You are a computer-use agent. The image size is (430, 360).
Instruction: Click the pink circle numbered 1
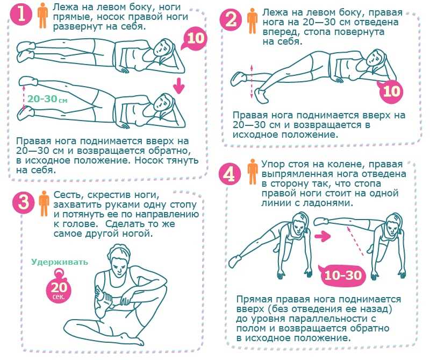(x=21, y=15)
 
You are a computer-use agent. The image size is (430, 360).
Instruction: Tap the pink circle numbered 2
(x=231, y=20)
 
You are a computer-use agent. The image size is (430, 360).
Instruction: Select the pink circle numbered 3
(x=23, y=202)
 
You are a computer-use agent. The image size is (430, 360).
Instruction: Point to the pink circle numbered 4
(x=230, y=174)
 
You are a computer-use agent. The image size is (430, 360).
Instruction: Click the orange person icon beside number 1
(x=43, y=16)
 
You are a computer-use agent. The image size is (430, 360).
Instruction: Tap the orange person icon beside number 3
(x=44, y=203)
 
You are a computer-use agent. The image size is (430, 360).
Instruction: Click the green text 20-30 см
(x=47, y=99)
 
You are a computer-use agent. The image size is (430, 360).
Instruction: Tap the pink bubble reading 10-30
(x=343, y=274)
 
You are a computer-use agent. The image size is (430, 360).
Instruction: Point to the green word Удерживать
(x=60, y=262)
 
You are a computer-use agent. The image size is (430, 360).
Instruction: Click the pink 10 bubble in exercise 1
(x=195, y=39)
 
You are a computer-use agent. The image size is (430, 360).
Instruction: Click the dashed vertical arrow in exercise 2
(x=252, y=82)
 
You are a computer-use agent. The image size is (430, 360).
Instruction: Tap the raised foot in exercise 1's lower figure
(x=28, y=81)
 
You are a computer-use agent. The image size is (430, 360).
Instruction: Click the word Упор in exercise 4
(x=273, y=164)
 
